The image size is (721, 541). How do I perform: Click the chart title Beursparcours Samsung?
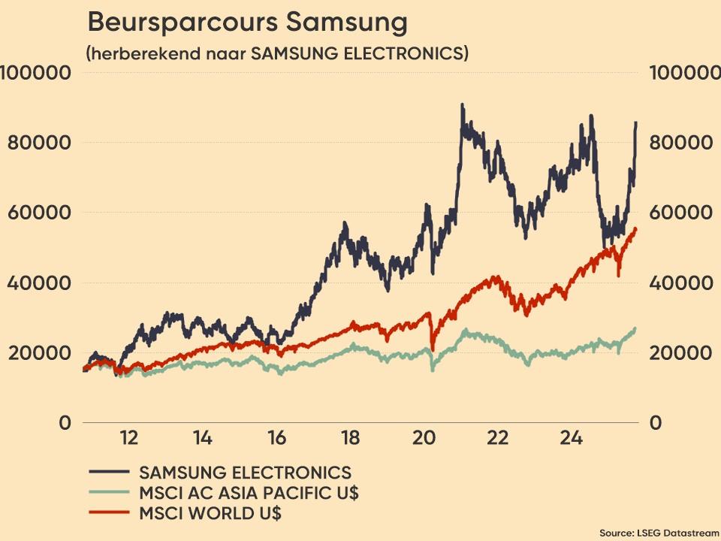[247, 23]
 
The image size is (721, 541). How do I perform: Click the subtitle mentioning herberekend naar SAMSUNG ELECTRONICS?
[277, 54]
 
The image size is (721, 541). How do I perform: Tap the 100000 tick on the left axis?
[35, 73]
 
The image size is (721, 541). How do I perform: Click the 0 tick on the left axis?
[66, 423]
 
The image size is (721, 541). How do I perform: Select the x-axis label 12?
[128, 438]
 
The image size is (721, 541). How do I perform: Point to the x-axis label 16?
[276, 438]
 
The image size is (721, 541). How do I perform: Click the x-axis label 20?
[424, 438]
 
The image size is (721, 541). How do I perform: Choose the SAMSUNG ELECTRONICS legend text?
[245, 473]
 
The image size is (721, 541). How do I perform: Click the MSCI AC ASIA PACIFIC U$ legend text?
[249, 493]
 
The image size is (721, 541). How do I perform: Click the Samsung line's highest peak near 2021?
[462, 105]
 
